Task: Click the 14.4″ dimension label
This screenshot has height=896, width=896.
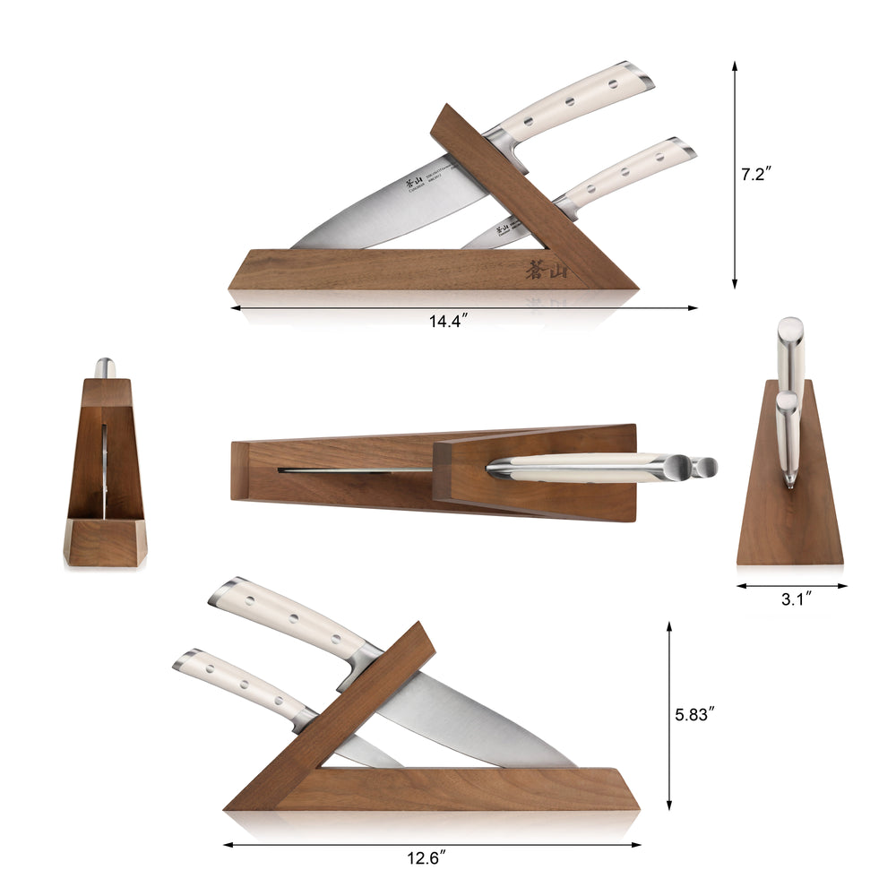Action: [449, 323]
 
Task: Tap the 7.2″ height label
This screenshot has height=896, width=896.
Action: [755, 175]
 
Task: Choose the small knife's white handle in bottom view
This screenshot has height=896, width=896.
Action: [242, 685]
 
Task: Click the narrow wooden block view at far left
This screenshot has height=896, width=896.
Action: [105, 475]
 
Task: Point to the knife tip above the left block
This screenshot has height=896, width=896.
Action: [105, 367]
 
